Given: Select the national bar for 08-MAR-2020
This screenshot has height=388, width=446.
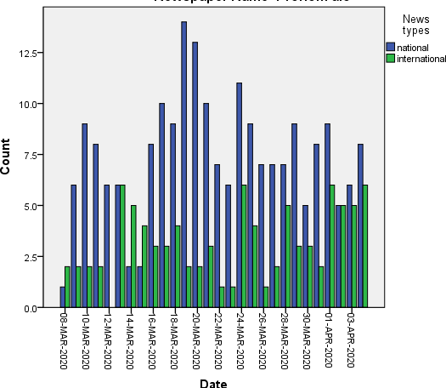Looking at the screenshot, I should click(x=63, y=297).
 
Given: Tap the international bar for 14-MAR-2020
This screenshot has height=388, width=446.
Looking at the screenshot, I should click(x=134, y=256).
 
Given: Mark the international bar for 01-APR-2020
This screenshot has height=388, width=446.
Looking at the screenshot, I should click(x=332, y=246).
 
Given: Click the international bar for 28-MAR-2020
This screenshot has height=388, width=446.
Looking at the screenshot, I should click(x=288, y=256).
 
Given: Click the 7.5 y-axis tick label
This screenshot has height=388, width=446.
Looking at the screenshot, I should click(x=42, y=155).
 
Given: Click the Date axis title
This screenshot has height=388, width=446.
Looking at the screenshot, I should click(x=212, y=384).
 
